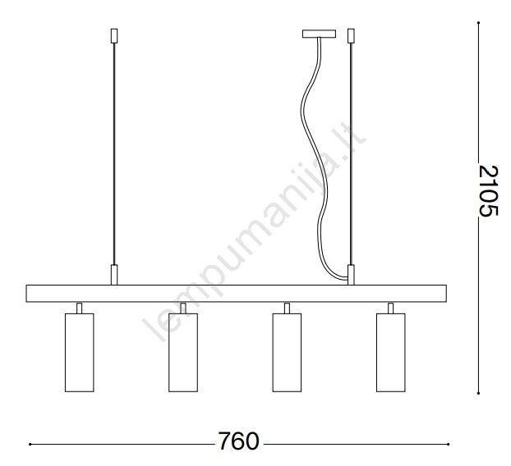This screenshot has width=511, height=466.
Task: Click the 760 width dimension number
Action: [238, 441]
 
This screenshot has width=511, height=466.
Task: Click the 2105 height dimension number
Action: [488, 190]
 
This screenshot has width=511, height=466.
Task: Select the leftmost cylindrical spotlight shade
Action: [80, 353]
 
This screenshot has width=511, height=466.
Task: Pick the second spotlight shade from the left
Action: [183, 353]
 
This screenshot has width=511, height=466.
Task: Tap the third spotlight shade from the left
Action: [287, 353]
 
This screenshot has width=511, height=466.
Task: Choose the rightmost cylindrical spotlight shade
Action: [391, 353]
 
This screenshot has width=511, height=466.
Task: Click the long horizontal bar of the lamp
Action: [237, 294]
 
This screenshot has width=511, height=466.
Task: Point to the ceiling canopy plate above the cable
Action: [319, 34]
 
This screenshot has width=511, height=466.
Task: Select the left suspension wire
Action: [114, 154]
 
